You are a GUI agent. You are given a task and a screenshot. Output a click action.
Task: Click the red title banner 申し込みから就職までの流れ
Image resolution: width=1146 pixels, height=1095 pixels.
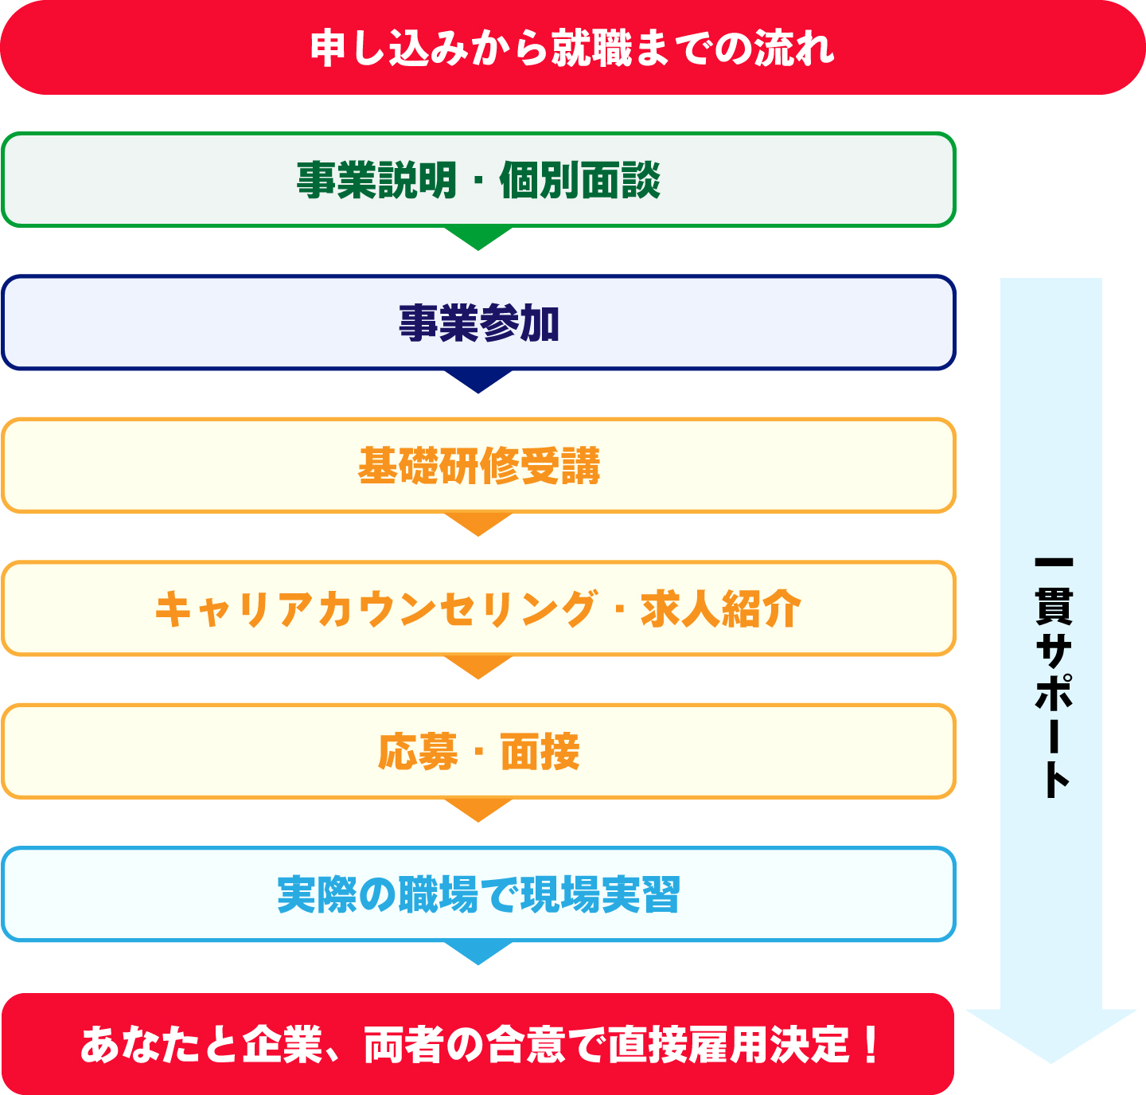click(x=573, y=48)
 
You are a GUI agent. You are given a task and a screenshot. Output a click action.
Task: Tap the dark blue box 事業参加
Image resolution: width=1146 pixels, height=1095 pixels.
click(x=478, y=323)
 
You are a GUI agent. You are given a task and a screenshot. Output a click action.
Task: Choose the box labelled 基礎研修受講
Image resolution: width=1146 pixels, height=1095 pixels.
click(x=478, y=466)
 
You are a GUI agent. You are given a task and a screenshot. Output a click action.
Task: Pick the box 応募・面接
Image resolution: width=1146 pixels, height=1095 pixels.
click(x=478, y=752)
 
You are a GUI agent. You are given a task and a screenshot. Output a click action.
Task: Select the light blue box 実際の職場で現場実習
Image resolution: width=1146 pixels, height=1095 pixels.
click(x=478, y=894)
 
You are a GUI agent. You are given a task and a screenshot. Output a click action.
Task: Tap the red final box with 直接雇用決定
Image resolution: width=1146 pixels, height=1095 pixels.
click(x=477, y=1044)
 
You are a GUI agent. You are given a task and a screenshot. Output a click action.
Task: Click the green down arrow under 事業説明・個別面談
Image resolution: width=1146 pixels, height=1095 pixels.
click(x=478, y=237)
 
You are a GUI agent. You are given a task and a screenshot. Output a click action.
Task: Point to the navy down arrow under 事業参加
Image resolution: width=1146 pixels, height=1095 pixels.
click(x=478, y=380)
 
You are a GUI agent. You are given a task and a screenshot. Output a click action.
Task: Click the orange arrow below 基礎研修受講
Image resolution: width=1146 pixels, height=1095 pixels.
click(x=478, y=523)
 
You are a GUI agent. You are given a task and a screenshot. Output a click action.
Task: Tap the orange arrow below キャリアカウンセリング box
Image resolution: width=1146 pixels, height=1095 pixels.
click(x=478, y=666)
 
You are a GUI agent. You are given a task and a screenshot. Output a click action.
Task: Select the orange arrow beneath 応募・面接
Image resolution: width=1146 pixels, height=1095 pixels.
click(x=478, y=808)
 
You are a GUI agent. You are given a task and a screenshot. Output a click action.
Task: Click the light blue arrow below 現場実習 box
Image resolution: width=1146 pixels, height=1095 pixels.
click(x=478, y=952)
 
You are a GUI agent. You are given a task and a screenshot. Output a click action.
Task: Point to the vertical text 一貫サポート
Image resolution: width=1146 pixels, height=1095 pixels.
click(x=1053, y=677)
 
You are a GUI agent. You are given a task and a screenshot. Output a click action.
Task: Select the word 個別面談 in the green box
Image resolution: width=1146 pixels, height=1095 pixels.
click(x=580, y=180)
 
